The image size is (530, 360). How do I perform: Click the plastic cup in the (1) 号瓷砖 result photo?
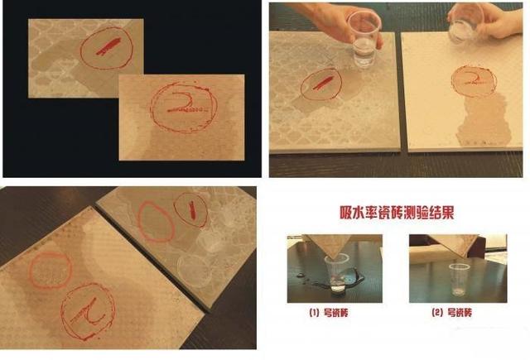[338, 276]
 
